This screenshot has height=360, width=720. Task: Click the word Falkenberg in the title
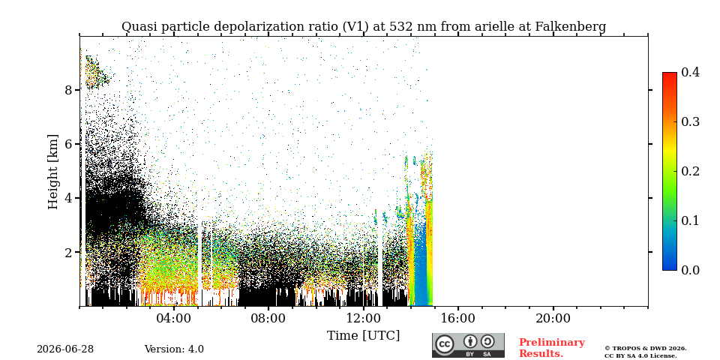[x=571, y=27]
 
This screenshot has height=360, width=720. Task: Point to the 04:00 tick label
[x=174, y=319]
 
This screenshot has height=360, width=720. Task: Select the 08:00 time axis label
[x=268, y=319]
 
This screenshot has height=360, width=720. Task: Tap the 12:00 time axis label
[x=363, y=319]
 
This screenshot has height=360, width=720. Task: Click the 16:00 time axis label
[x=457, y=319]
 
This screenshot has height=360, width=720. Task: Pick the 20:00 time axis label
[x=553, y=319]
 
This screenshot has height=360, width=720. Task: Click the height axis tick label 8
[x=69, y=90]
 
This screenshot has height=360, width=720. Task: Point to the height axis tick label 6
[x=69, y=144]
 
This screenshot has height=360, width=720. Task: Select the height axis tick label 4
[x=69, y=198]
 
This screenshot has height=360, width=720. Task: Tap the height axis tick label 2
[x=69, y=253]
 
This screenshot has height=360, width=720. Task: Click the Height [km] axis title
[x=54, y=172]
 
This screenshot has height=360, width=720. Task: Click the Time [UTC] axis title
[x=363, y=336]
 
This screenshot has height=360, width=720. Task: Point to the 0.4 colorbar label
[x=690, y=72]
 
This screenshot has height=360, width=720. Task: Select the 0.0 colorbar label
[x=690, y=270]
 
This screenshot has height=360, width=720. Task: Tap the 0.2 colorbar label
[x=690, y=171]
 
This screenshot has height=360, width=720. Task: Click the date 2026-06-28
[x=65, y=349]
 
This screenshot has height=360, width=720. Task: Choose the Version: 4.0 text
[x=174, y=349]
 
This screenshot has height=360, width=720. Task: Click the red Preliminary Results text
[x=552, y=348]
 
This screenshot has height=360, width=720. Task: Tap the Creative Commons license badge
[x=468, y=345]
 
